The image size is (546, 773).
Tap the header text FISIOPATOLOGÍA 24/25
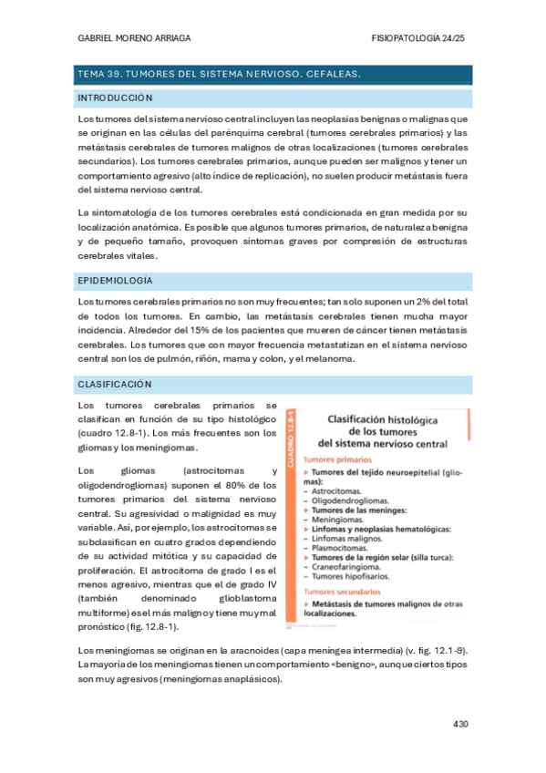419,38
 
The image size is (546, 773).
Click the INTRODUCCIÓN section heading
115,98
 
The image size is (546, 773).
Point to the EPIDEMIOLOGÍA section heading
116,280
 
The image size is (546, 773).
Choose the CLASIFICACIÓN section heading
114,384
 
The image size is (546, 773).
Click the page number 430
460,724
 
